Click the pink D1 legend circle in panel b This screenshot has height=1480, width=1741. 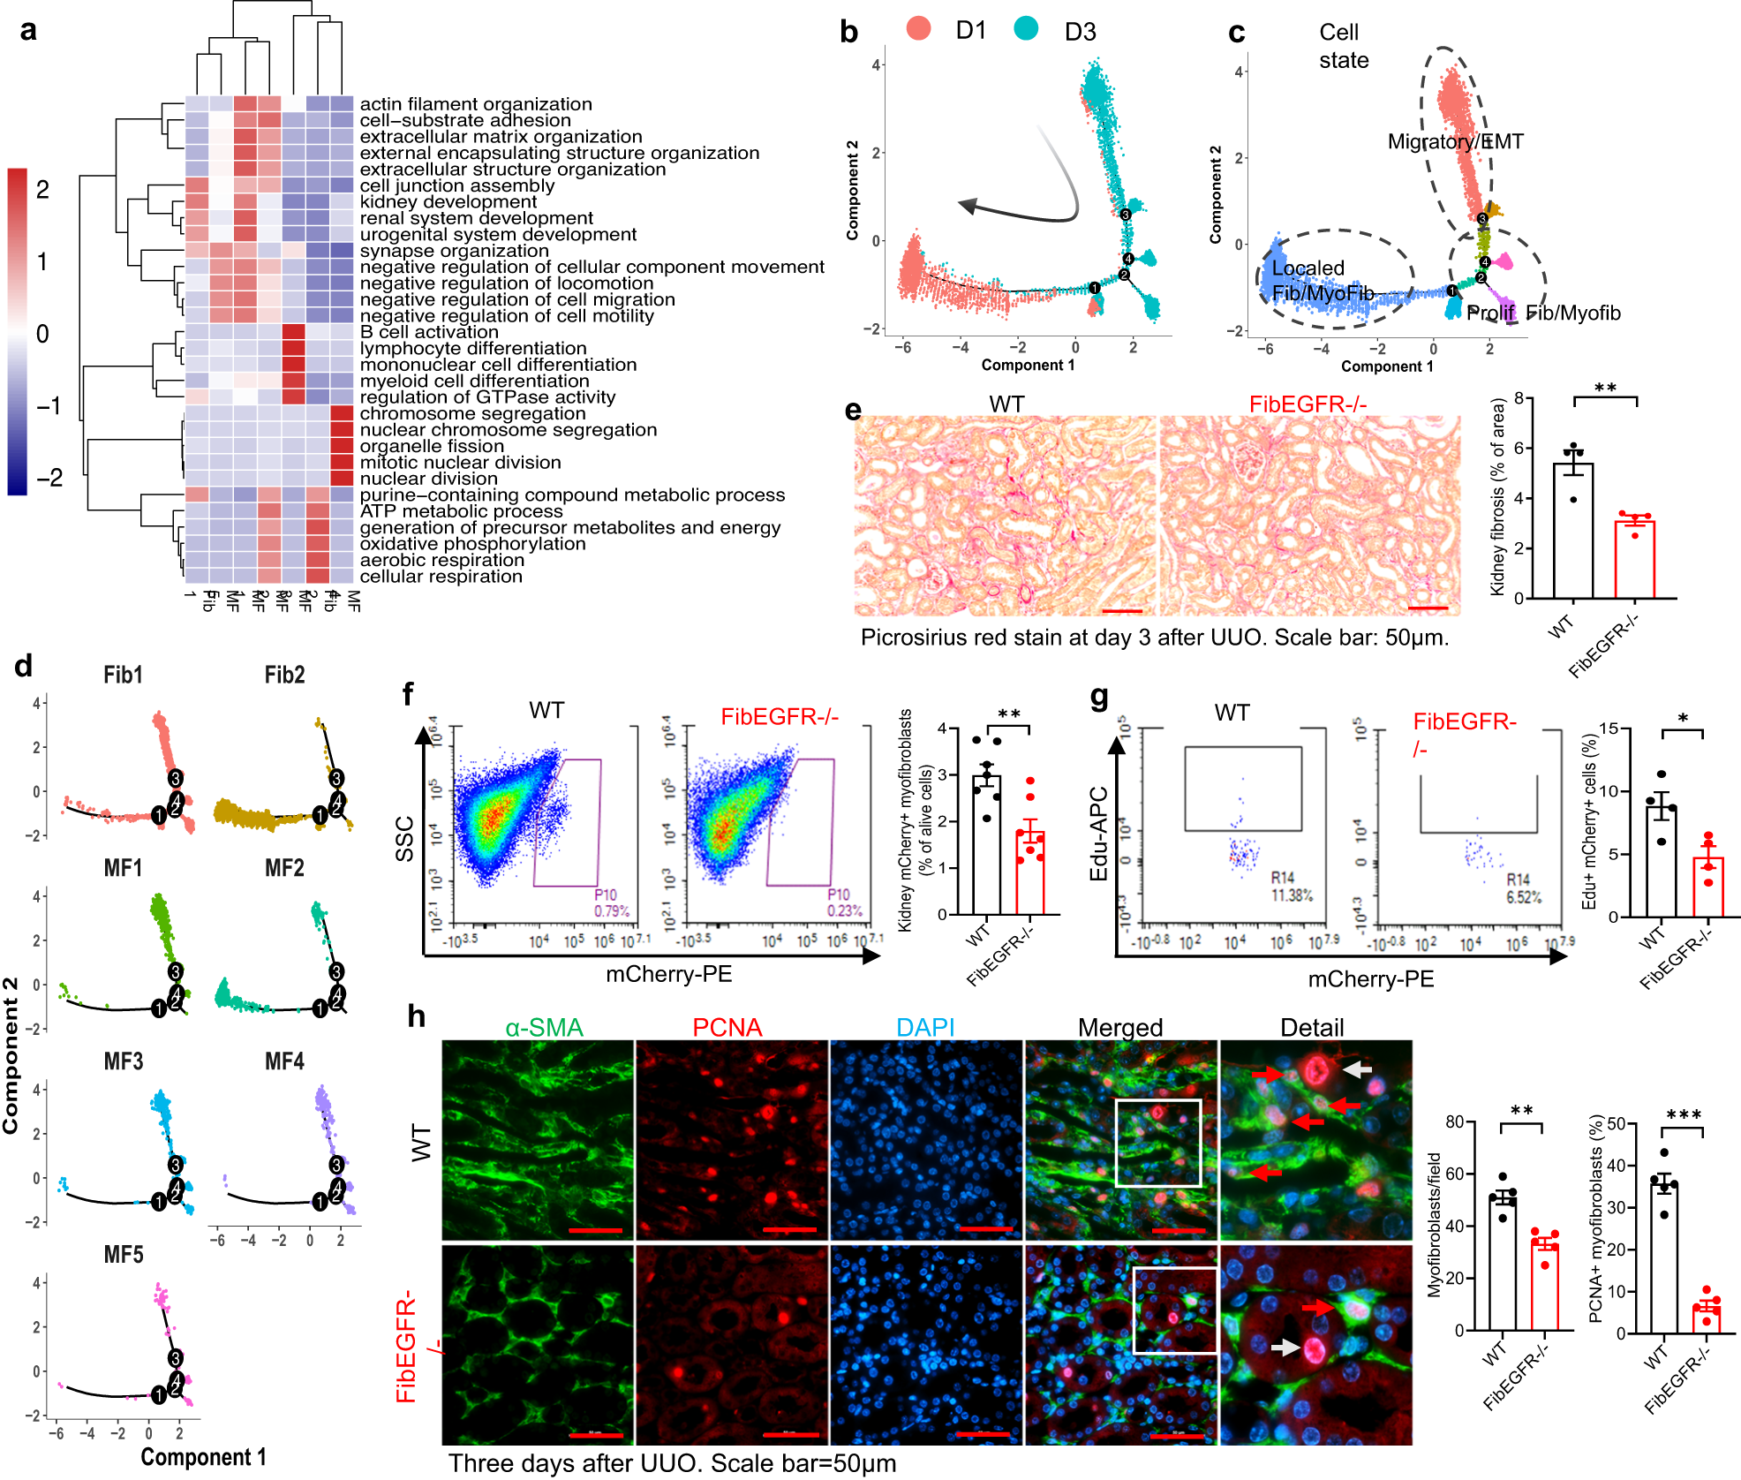tap(919, 28)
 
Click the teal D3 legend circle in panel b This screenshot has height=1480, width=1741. tap(1026, 28)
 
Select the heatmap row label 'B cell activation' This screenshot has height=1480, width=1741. tap(429, 332)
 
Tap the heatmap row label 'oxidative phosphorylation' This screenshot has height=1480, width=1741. tap(472, 544)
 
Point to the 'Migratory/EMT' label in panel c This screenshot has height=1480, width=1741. tap(1455, 141)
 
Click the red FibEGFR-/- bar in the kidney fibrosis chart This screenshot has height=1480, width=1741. tap(1634, 560)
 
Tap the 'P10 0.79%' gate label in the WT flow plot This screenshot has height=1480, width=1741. tap(611, 902)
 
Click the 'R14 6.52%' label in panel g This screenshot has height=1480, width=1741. tap(1523, 888)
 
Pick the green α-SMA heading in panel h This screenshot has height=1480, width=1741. tap(544, 1028)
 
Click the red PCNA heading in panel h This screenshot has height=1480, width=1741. tap(727, 1028)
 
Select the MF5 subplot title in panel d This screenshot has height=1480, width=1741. tap(123, 1255)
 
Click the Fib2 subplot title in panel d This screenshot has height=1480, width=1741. tap(284, 676)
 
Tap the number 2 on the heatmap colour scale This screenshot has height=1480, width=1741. tap(42, 189)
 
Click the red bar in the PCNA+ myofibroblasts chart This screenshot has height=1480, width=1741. tap(1706, 1318)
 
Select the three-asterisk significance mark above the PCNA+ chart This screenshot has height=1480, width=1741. tap(1683, 1115)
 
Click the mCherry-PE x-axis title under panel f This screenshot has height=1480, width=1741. tap(668, 974)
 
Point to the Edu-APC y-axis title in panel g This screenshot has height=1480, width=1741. tap(1098, 834)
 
